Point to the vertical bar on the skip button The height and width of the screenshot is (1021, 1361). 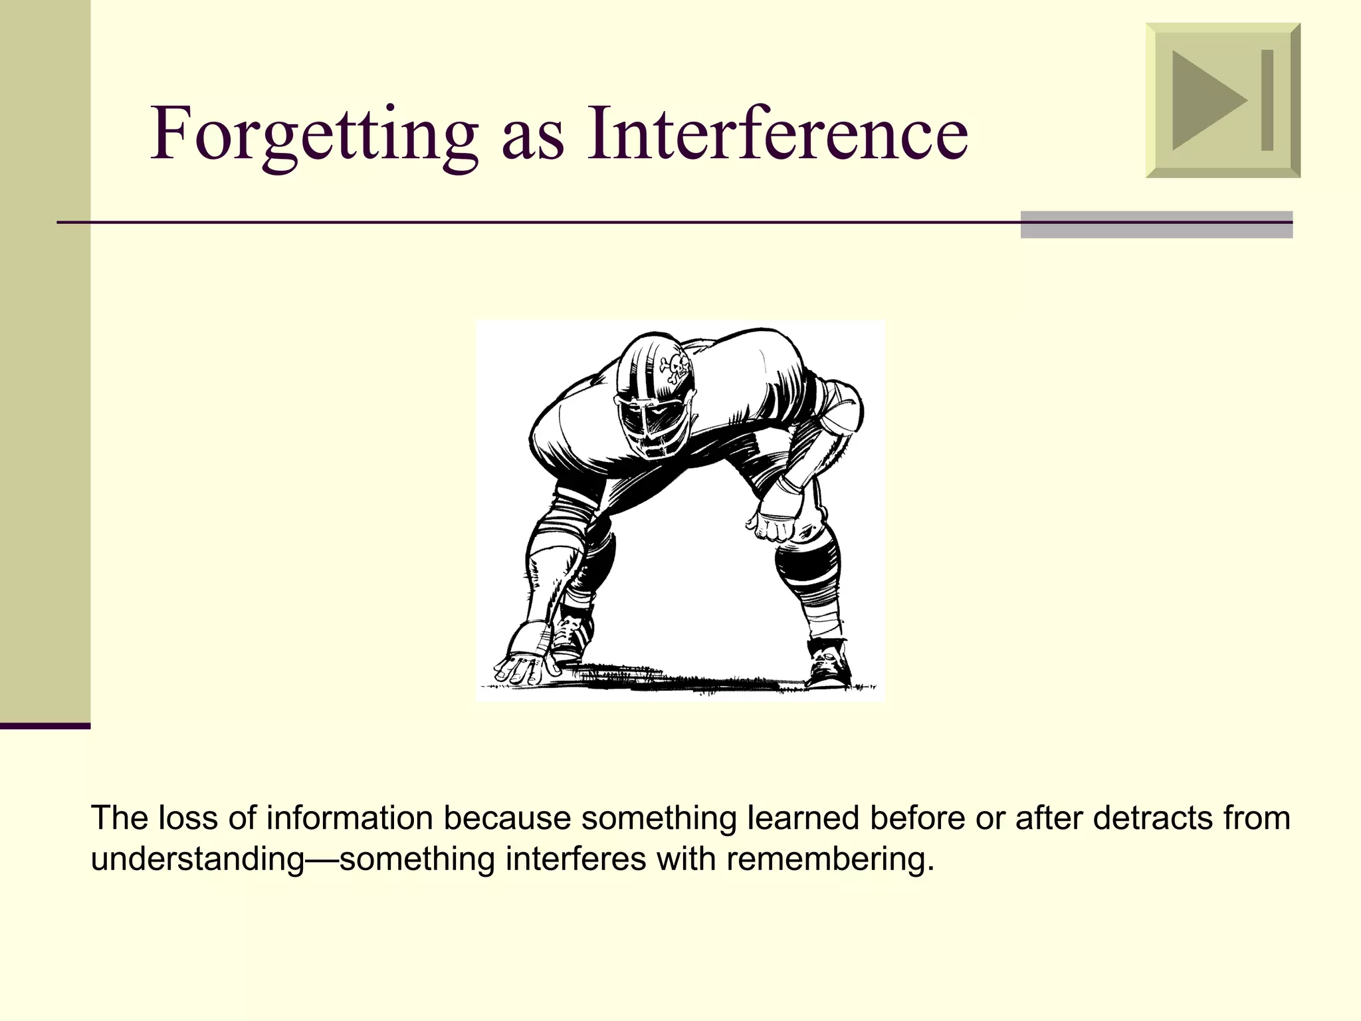1267,100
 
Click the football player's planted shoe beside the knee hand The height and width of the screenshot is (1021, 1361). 827,665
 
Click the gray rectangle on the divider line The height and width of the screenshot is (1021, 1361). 1156,225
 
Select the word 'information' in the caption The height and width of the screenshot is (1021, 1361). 349,818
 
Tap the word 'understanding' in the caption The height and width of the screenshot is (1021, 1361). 197,859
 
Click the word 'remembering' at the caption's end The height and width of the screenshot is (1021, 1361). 829,859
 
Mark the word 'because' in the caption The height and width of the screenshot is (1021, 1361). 507,818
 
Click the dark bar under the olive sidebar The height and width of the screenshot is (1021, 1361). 45,726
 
